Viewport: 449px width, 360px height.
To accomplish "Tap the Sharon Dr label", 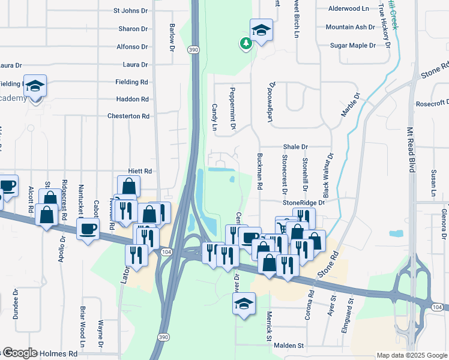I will point(133,29).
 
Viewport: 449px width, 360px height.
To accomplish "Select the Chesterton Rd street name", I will point(128,116).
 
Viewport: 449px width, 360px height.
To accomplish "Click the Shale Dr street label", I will point(295,146).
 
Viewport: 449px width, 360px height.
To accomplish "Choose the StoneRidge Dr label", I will point(303,203).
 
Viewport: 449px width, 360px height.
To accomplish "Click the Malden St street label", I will point(289,346).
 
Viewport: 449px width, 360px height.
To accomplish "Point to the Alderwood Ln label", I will point(349,9).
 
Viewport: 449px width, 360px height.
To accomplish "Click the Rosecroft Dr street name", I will point(432,103).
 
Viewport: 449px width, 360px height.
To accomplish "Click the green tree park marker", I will point(246,43).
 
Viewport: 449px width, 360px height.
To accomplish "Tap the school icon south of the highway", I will point(244,304).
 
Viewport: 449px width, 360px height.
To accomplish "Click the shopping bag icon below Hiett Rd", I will point(128,185).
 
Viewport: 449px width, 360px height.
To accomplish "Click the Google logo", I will point(20,353).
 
